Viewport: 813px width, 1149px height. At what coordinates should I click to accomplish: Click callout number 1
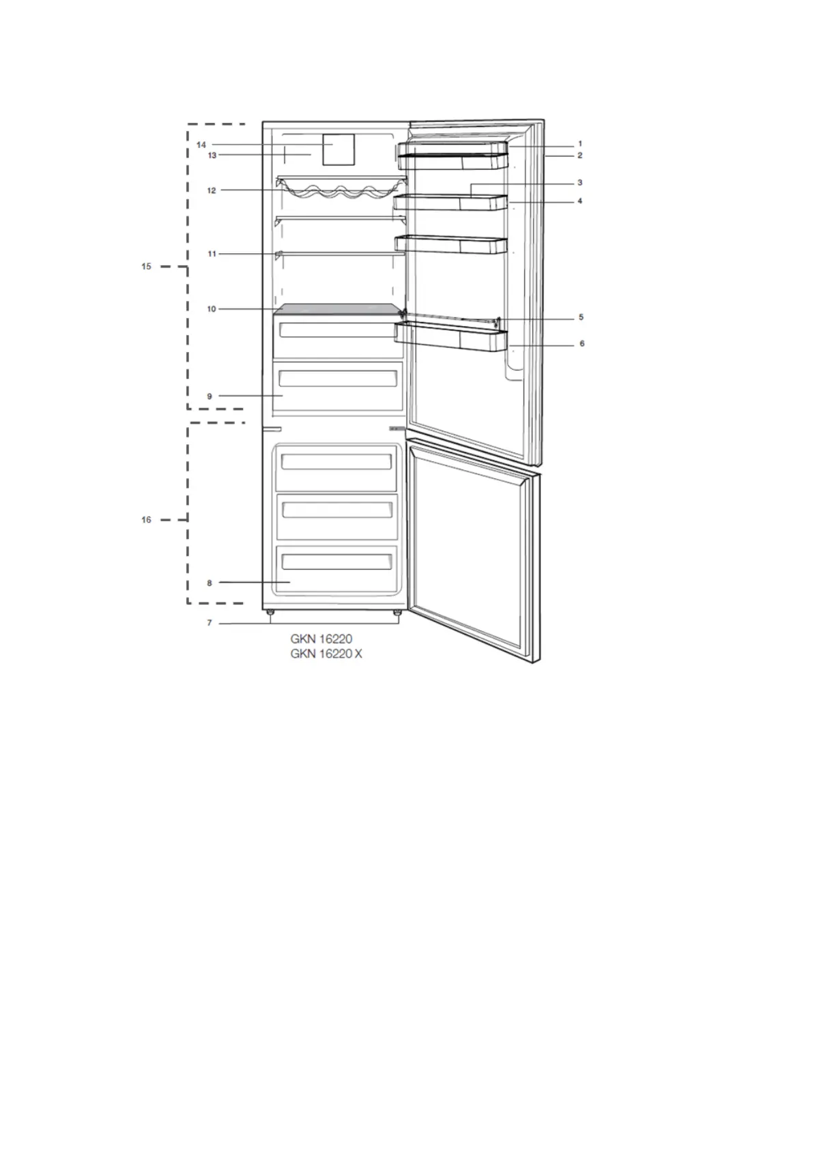[580, 144]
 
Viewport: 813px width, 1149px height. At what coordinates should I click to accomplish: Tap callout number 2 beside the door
[580, 156]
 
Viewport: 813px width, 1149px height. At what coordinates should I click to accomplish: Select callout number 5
[581, 317]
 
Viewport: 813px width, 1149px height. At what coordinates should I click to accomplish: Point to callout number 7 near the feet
[210, 623]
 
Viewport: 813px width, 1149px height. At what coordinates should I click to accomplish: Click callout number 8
[210, 583]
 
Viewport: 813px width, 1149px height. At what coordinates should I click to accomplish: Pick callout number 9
[210, 396]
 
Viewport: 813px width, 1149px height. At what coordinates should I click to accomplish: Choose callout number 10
[212, 309]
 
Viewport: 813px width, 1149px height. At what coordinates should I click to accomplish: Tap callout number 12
[212, 190]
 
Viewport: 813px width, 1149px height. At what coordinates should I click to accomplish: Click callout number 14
[201, 145]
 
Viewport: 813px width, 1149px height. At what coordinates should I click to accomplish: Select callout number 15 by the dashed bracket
[147, 267]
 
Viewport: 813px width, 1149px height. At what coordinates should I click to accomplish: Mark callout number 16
[147, 520]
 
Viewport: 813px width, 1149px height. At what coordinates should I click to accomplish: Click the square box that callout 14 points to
[339, 149]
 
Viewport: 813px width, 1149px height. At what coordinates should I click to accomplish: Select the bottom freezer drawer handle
[337, 562]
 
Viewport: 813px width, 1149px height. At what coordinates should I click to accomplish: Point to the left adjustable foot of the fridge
[272, 613]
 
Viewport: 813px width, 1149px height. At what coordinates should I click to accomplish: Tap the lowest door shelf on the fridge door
[451, 337]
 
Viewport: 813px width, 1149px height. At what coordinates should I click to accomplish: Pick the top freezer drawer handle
[337, 462]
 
